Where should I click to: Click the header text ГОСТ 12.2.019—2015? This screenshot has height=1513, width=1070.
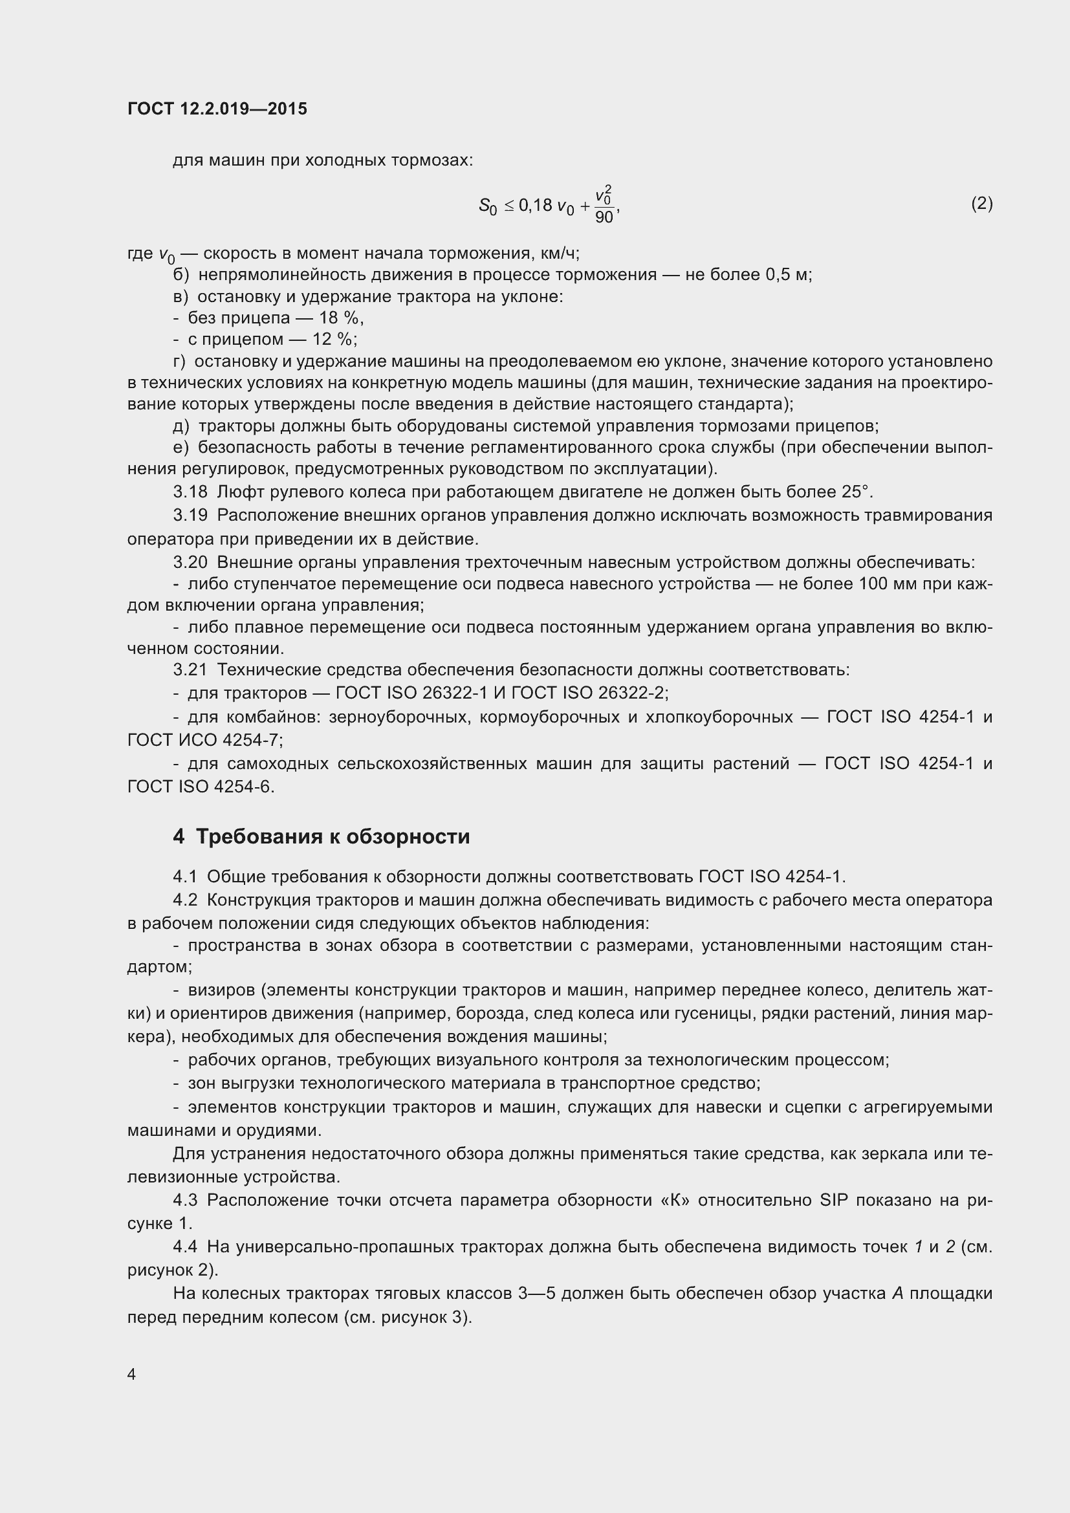[217, 109]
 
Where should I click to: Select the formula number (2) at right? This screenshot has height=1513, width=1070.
[982, 204]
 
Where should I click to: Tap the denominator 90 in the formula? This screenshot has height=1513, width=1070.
[604, 217]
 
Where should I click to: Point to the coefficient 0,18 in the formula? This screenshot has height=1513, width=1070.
[535, 206]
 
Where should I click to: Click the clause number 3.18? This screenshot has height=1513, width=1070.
[190, 492]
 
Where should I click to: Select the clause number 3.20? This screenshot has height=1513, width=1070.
[190, 563]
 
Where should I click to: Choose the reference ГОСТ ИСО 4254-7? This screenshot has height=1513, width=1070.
[204, 741]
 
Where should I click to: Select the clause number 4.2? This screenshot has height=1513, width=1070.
[185, 900]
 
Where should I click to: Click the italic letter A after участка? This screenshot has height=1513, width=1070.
[897, 1294]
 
